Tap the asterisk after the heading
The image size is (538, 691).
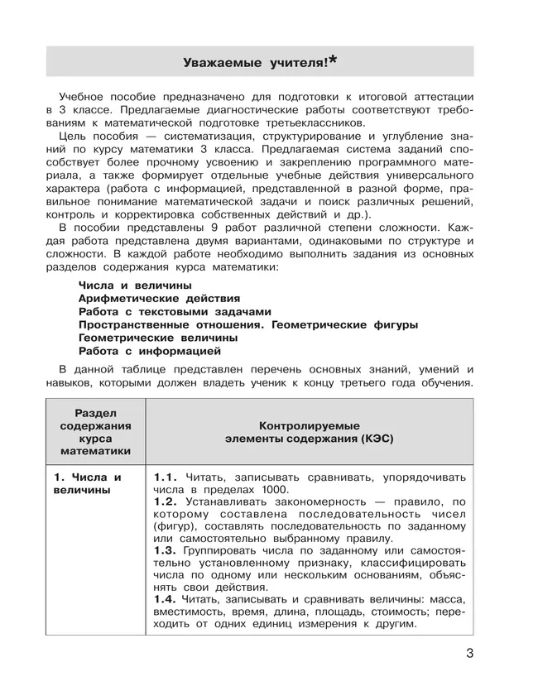tap(333, 58)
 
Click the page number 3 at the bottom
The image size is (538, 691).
tap(469, 654)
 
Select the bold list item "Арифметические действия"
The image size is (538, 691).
tap(159, 297)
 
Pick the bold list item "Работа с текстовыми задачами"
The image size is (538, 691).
tap(175, 311)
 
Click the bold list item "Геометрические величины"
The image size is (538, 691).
tap(158, 338)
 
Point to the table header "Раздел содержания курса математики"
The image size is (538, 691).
tap(96, 431)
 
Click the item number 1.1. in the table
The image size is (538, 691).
tap(166, 477)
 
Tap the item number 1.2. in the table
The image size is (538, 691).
tap(166, 501)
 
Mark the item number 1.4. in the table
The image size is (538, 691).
tap(166, 598)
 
